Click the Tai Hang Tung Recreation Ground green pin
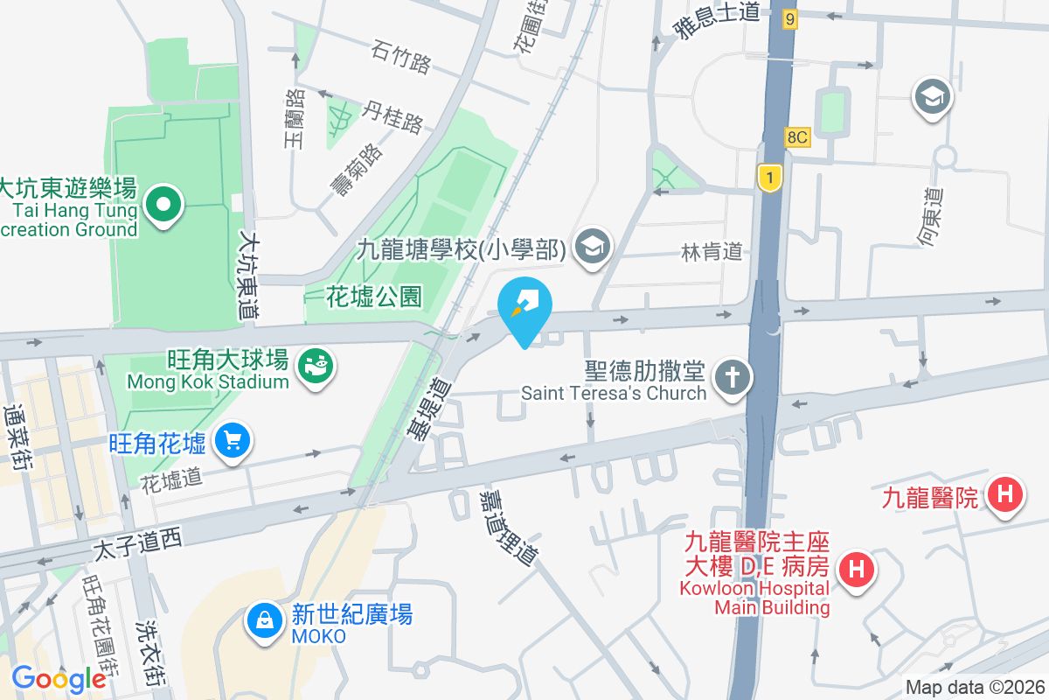click(163, 206)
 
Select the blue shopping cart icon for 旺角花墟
click(232, 440)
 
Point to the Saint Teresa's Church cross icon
click(732, 379)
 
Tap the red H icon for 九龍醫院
click(1005, 496)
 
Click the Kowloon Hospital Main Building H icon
click(857, 570)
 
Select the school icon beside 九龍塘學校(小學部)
click(594, 247)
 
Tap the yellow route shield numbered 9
click(790, 18)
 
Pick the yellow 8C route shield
click(797, 136)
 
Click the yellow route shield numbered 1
click(768, 177)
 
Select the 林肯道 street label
click(712, 252)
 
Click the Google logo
click(59, 678)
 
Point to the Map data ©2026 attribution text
click(974, 688)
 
